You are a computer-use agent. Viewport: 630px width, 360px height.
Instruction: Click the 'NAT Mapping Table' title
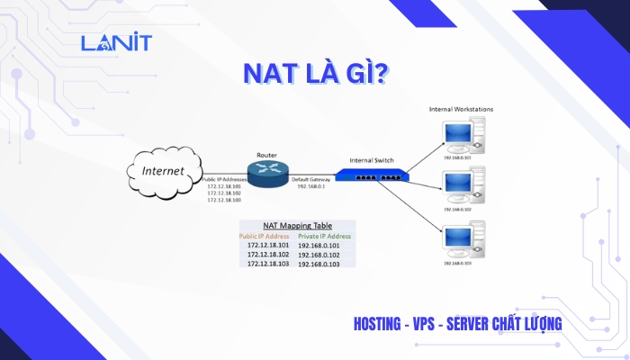(298, 225)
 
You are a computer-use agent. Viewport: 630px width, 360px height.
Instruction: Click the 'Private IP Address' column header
(325, 236)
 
